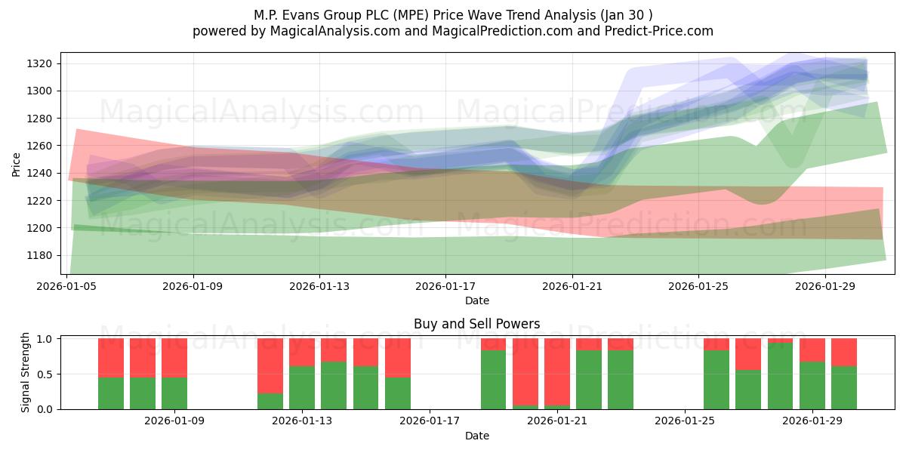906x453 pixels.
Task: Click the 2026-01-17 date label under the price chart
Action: coord(445,286)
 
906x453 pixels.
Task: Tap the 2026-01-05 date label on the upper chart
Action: coord(68,286)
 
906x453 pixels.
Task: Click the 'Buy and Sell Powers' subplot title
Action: coord(476,324)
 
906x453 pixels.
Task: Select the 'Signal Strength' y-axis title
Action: coord(25,372)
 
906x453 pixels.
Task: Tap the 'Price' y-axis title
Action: coord(17,164)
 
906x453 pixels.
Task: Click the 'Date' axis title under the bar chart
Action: coord(476,436)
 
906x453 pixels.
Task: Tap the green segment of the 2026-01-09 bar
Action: coord(174,393)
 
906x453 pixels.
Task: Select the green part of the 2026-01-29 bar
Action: coord(812,385)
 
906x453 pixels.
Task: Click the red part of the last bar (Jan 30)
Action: coord(844,352)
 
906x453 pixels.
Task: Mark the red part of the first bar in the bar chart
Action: coord(111,357)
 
